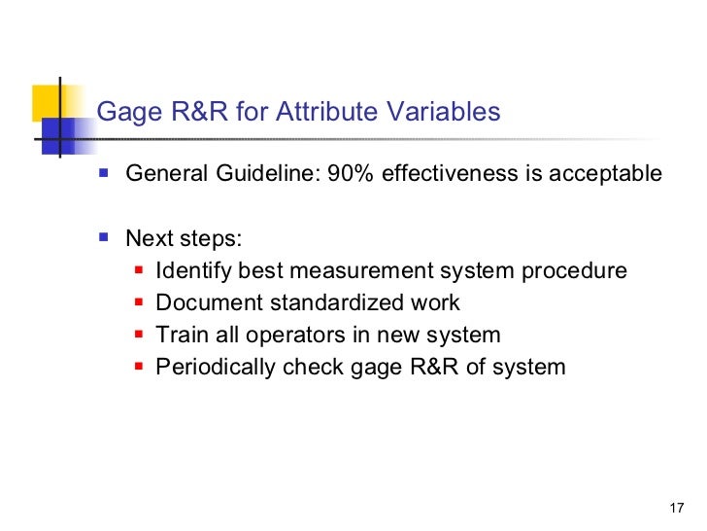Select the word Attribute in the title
(320, 113)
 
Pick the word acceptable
(606, 174)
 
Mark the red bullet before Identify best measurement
(138, 270)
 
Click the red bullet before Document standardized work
(138, 302)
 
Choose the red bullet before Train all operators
(138, 335)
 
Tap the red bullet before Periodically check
(138, 367)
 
